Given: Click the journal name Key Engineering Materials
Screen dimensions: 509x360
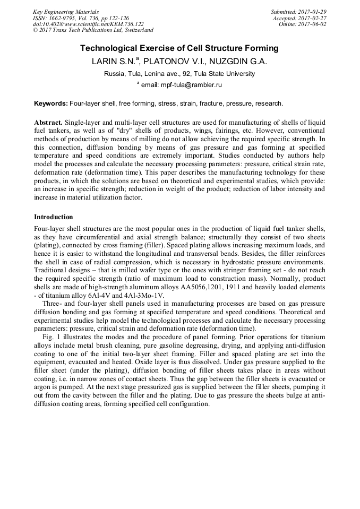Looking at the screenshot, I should (x=65, y=11).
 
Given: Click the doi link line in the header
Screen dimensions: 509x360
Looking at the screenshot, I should (x=88, y=24).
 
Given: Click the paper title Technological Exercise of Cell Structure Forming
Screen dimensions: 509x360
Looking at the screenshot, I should (x=179, y=48).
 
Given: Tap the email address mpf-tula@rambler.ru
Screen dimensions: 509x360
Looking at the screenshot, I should (x=192, y=84).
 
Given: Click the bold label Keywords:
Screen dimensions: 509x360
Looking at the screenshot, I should (x=51, y=103).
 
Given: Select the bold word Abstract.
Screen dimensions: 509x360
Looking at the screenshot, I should (x=48, y=122).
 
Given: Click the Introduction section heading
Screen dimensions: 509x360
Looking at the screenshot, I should (x=53, y=217).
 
